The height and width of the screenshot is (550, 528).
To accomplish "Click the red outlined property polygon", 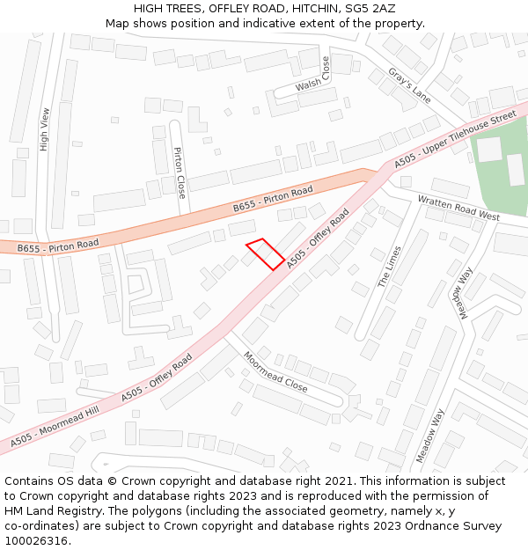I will click(x=264, y=253).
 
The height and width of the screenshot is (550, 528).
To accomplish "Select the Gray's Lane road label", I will click(x=409, y=86).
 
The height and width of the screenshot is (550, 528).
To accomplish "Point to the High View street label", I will click(x=45, y=129).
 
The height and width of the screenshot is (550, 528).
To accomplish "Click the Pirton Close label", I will click(x=180, y=172).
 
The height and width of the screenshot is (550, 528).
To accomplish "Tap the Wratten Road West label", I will click(x=458, y=209).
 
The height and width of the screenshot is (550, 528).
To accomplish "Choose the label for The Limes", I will click(x=389, y=267).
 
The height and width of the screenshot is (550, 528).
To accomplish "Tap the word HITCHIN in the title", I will click(x=305, y=8).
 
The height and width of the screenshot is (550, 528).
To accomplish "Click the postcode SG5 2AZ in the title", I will click(x=369, y=8).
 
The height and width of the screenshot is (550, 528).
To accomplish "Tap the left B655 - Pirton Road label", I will click(x=58, y=245).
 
